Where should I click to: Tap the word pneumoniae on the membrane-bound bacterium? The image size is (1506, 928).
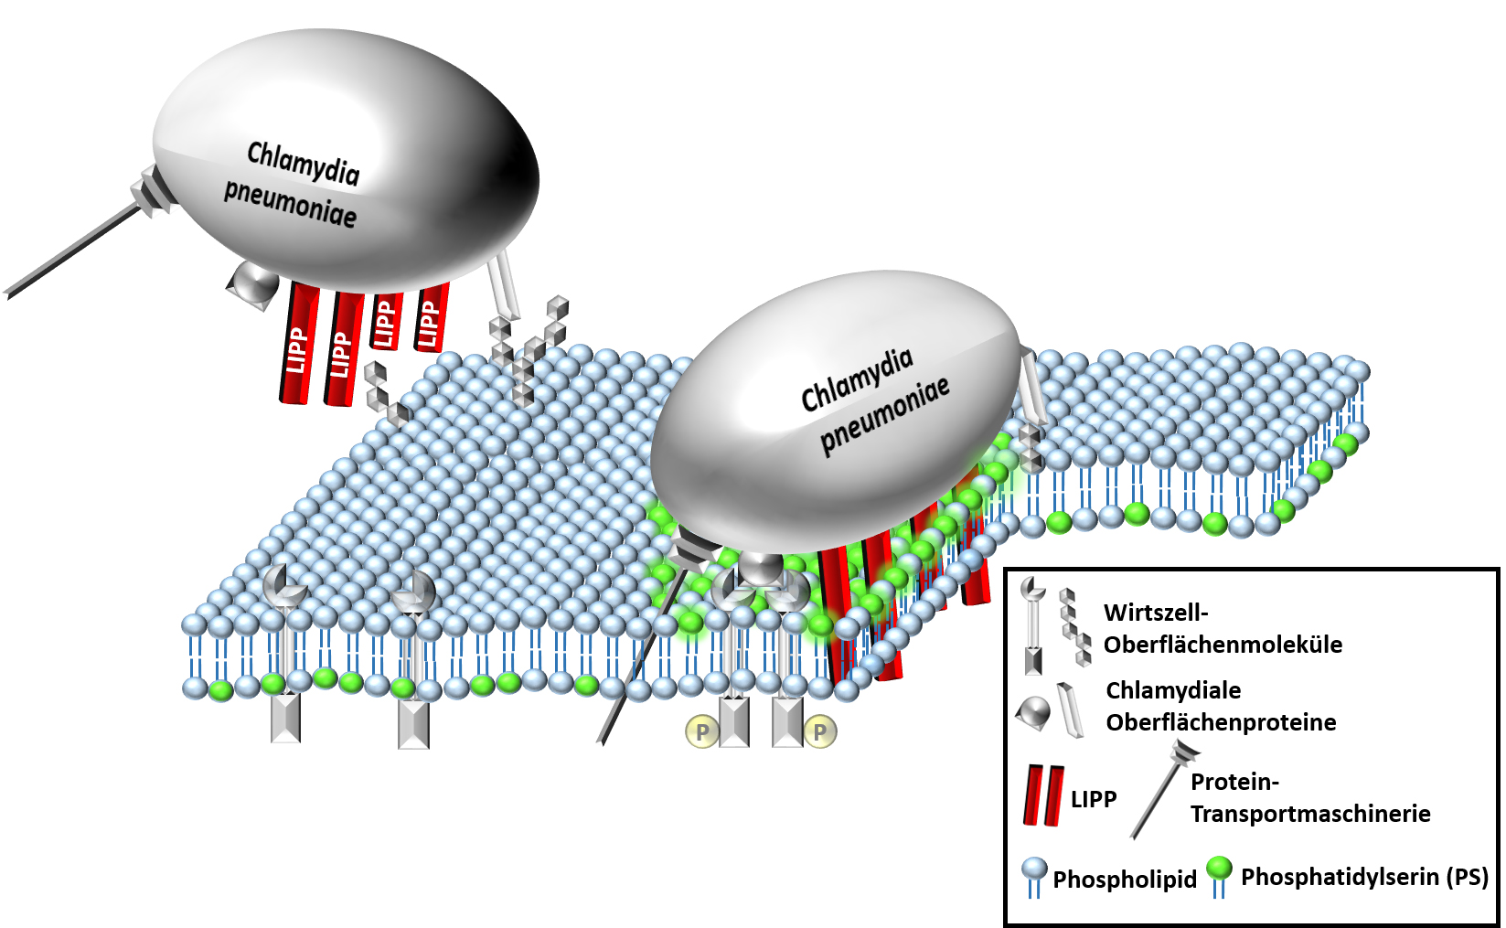click(884, 415)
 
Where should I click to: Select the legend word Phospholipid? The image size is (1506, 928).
click(1124, 880)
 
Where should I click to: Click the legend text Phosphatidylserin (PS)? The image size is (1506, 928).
click(1364, 877)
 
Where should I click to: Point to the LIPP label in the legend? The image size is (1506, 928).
click(1094, 799)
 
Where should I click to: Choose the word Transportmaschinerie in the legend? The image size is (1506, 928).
click(1310, 814)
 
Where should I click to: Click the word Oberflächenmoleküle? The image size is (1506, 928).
click(1223, 645)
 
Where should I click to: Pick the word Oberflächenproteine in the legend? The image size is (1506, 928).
click(1221, 722)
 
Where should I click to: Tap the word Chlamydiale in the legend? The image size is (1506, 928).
click(1173, 690)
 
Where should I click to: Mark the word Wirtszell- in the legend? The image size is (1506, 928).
click(1156, 613)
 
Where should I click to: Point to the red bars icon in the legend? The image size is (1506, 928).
click(1043, 795)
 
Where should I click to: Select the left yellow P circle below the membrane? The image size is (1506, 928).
click(702, 731)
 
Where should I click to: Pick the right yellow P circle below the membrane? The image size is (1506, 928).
click(819, 731)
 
